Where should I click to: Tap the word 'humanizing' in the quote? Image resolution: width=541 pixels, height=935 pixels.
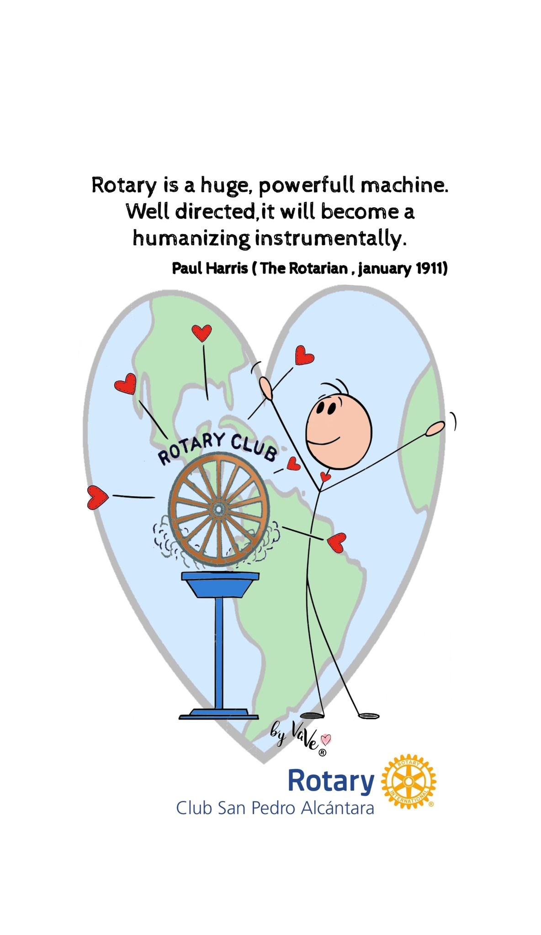click(x=191, y=238)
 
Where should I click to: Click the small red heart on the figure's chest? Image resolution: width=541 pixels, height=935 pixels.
click(x=325, y=477)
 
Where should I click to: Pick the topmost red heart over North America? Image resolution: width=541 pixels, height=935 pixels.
click(x=202, y=332)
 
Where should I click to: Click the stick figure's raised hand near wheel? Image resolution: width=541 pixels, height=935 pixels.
click(x=266, y=388)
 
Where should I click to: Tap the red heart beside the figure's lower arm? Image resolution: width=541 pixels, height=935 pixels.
click(x=337, y=542)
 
